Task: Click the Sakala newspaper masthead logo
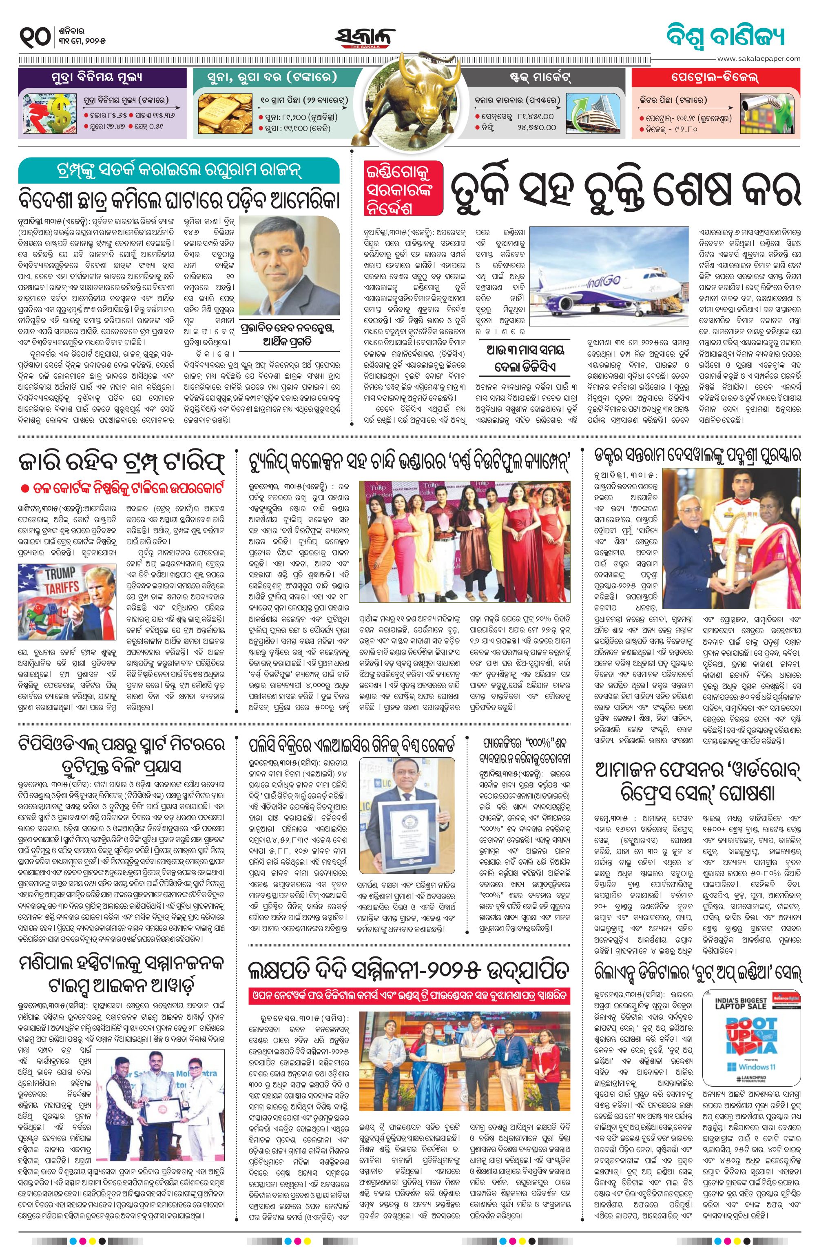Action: coord(364,38)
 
